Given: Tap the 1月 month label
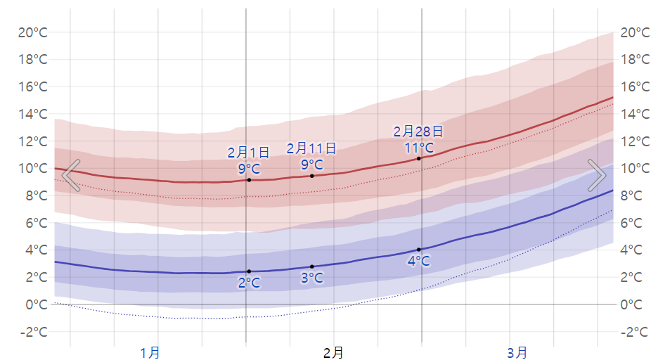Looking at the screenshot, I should pyautogui.click(x=150, y=352).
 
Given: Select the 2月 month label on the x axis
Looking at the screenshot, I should pyautogui.click(x=334, y=352).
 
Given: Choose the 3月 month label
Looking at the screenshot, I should pyautogui.click(x=517, y=352).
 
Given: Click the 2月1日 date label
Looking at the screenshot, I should pyautogui.click(x=249, y=153).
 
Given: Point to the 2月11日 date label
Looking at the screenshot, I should pyautogui.click(x=311, y=148).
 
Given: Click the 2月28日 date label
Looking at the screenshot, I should pyautogui.click(x=418, y=131).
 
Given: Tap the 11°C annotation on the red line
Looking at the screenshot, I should pyautogui.click(x=418, y=148).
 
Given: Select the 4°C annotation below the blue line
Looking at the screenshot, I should pyautogui.click(x=418, y=262).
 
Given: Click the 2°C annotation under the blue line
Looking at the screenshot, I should pyautogui.click(x=249, y=283).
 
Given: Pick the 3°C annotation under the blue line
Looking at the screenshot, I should pyautogui.click(x=311, y=278).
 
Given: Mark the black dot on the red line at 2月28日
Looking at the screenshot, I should pyautogui.click(x=419, y=158).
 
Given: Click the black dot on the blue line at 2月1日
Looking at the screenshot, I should pyautogui.click(x=249, y=271).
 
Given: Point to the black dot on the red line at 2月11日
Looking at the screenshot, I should pyautogui.click(x=312, y=175).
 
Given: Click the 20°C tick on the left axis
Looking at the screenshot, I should pyautogui.click(x=32, y=32).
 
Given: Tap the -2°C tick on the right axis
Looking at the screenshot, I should pyautogui.click(x=634, y=332).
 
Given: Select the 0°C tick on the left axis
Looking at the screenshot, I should pyautogui.click(x=35, y=304).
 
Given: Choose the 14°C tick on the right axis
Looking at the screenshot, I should pyautogui.click(x=634, y=114).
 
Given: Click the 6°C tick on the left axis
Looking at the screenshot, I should pyautogui.click(x=35, y=223).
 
